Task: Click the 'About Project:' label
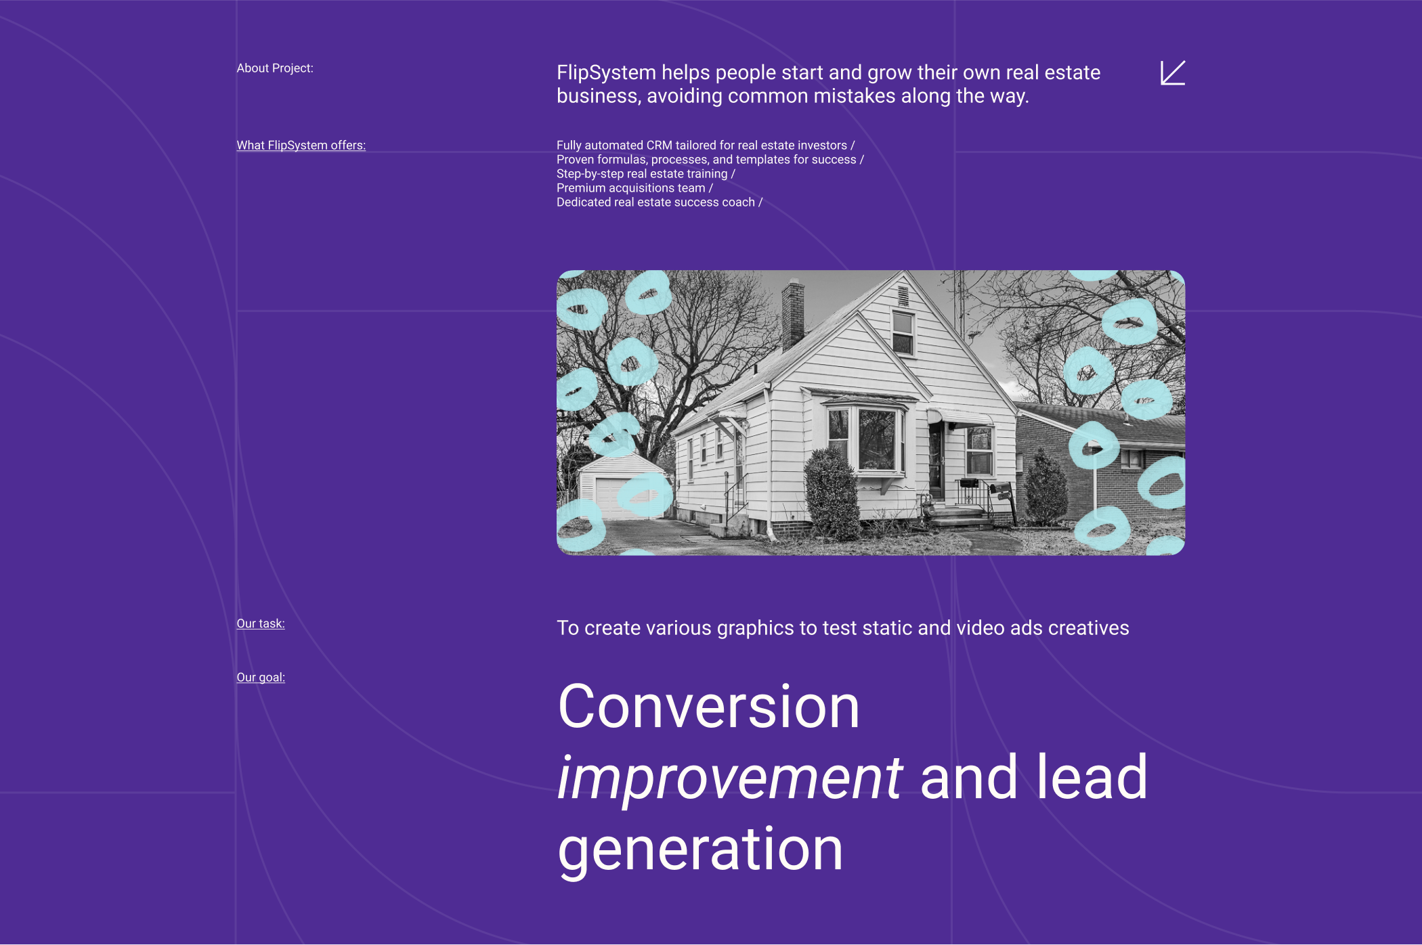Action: [275, 68]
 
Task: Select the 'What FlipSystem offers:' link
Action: [301, 146]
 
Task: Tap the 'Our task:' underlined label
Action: [261, 623]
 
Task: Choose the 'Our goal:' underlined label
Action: [261, 678]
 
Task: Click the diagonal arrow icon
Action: [1173, 73]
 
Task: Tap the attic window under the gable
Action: [903, 332]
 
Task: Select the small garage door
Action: [613, 498]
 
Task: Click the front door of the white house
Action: [936, 460]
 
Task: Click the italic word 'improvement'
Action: [730, 778]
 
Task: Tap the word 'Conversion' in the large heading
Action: [708, 707]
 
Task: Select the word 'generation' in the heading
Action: [700, 850]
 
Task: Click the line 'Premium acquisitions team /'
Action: [634, 188]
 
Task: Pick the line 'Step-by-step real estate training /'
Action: [646, 174]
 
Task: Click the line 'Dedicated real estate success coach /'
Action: [660, 202]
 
